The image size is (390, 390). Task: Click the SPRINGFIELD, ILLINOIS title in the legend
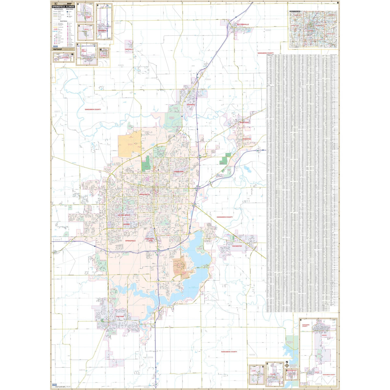63,7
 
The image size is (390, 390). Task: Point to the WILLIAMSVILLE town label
243,24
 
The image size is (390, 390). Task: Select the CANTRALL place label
129,49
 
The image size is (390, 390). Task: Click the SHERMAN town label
190,105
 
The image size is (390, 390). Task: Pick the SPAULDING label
244,122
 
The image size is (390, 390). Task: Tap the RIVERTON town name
247,139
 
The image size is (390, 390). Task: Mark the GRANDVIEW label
178,171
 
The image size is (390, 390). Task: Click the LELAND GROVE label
124,215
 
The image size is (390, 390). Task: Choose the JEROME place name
126,224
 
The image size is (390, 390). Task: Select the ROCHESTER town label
237,246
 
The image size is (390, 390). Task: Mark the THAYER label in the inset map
317,372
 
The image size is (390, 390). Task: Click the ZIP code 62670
57,240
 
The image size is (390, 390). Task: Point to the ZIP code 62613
118,23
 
